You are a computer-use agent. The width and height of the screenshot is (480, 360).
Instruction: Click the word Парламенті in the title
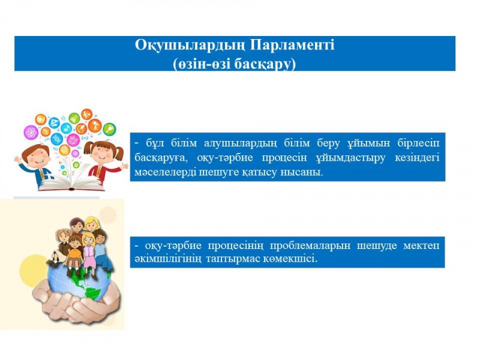tap(293, 46)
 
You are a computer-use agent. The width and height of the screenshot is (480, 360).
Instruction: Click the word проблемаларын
tap(310, 246)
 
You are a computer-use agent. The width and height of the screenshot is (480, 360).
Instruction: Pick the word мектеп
tap(421, 245)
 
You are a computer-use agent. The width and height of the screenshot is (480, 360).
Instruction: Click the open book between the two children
tap(71, 183)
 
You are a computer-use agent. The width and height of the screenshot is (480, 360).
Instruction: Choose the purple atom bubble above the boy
tap(31, 132)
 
